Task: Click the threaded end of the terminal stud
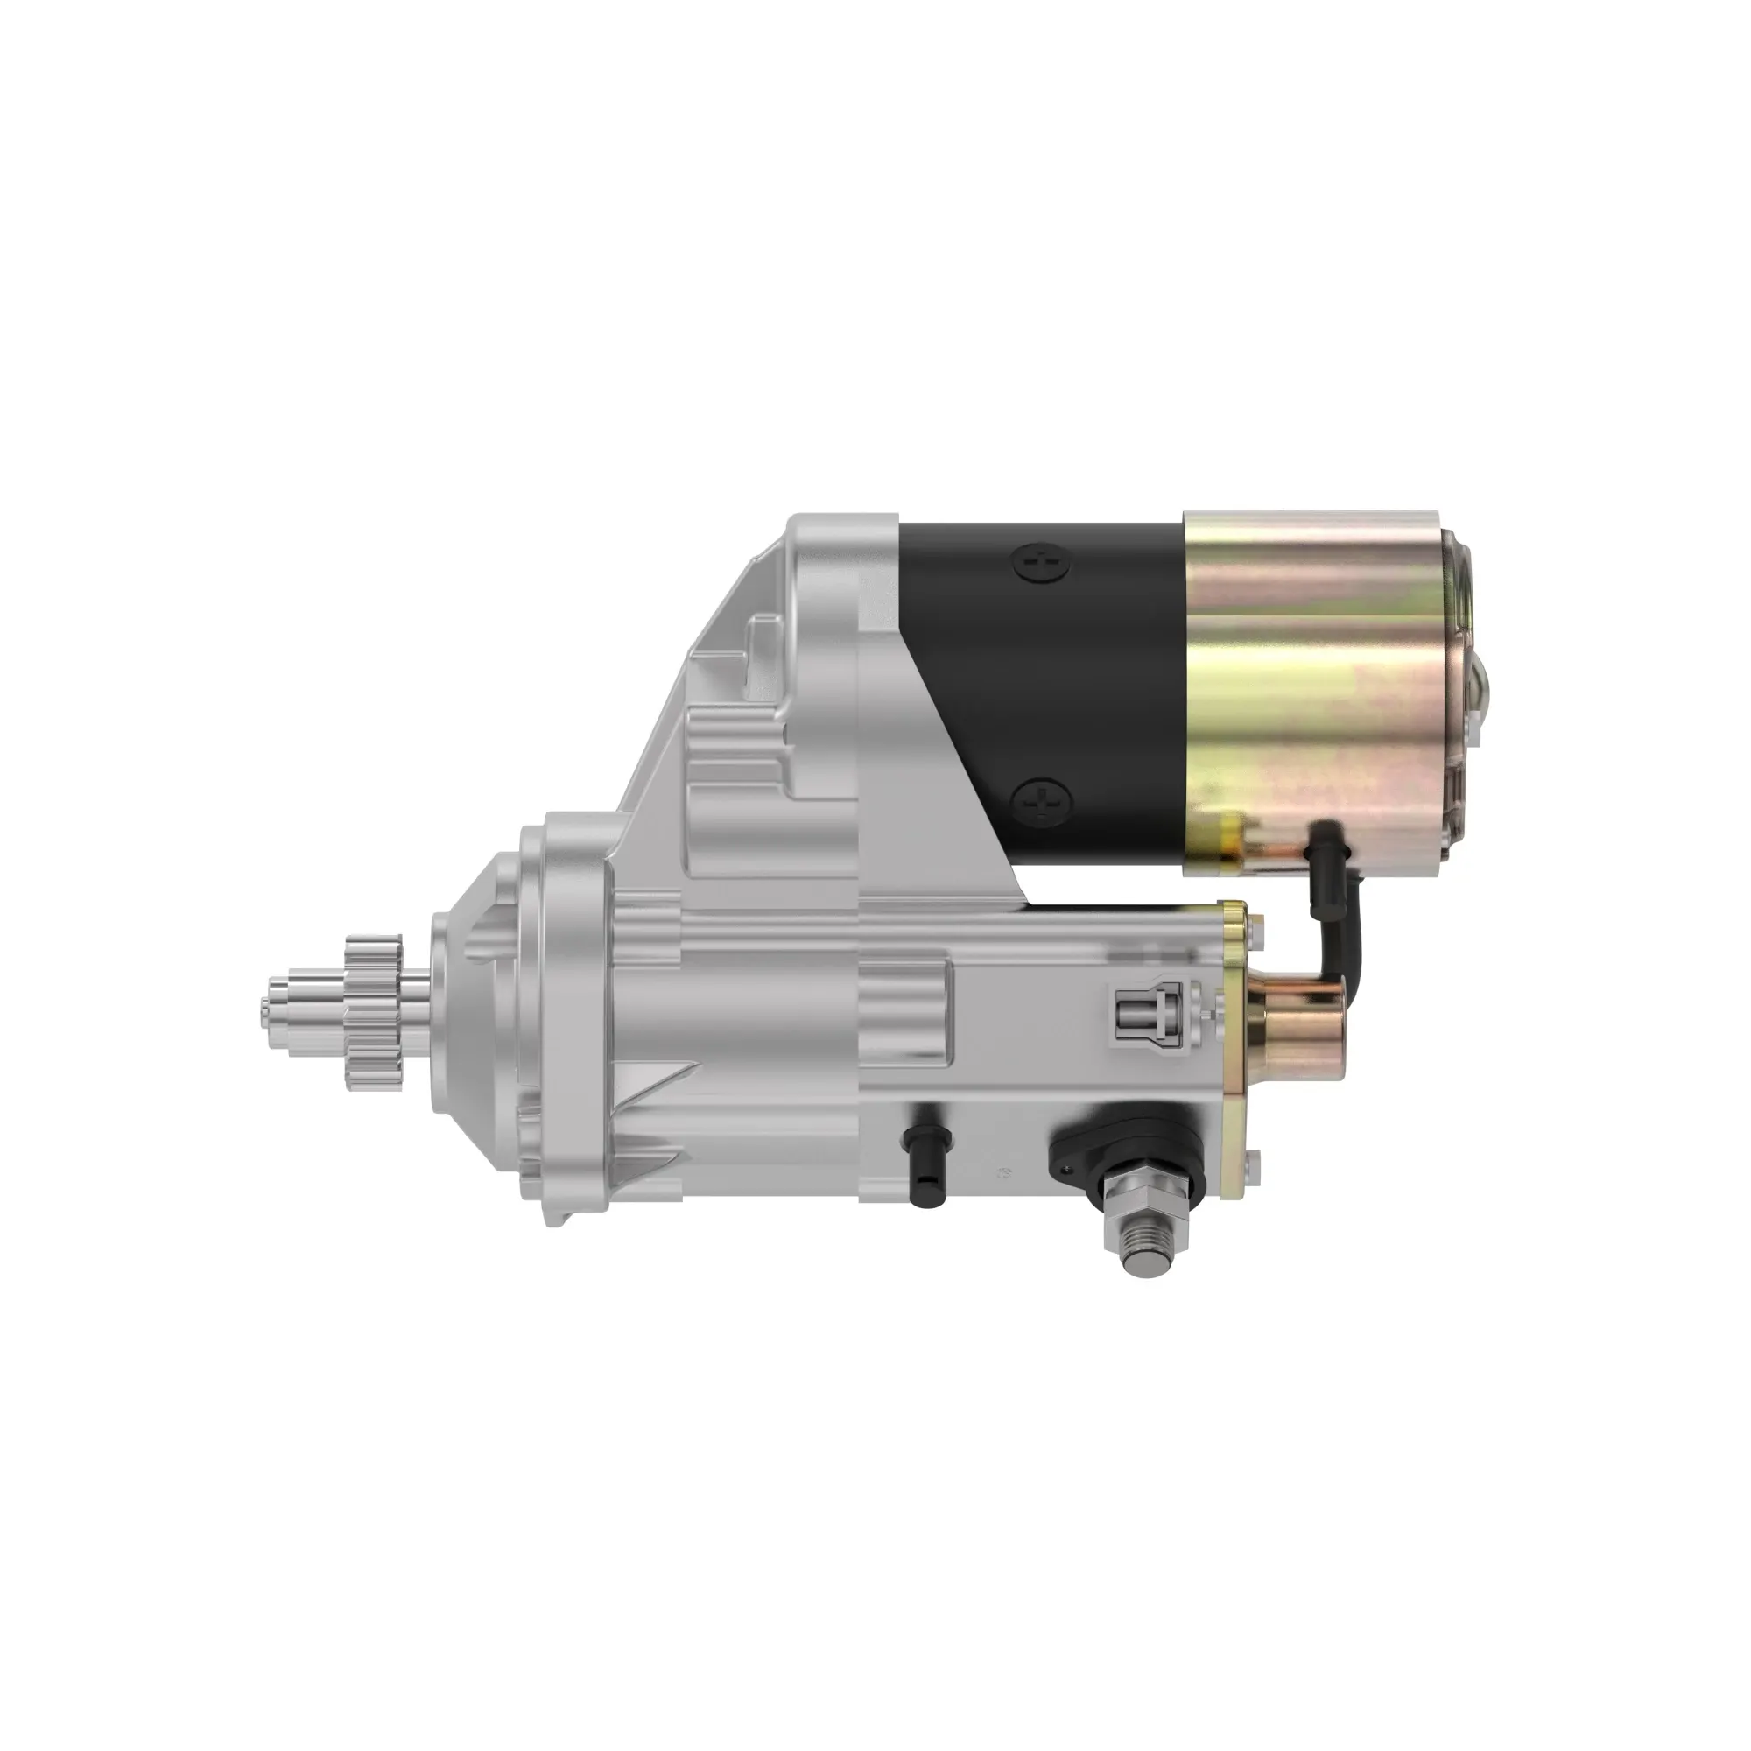(1143, 1255)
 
